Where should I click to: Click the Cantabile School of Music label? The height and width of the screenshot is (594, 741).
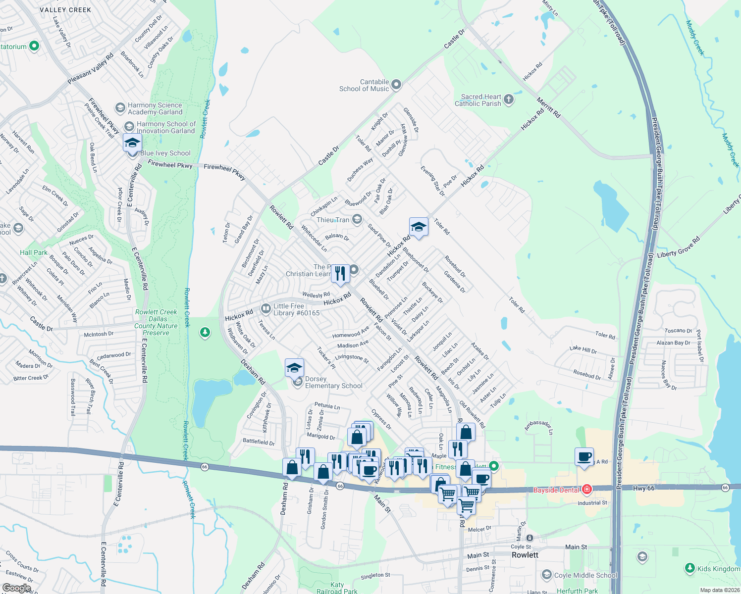tap(364, 86)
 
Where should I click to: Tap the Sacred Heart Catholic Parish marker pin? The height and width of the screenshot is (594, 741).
tap(509, 100)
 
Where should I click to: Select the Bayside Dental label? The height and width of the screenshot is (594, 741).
tap(556, 490)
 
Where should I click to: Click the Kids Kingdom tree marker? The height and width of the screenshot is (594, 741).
tap(689, 568)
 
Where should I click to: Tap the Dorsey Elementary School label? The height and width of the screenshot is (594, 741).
tap(334, 382)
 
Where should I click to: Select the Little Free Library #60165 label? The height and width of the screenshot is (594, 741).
tap(296, 309)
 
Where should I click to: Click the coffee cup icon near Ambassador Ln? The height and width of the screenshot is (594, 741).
tap(584, 456)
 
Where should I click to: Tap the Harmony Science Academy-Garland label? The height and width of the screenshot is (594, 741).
tap(155, 108)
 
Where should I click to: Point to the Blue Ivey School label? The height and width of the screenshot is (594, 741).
tap(165, 153)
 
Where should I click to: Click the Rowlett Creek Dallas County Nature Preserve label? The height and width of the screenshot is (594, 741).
tap(156, 322)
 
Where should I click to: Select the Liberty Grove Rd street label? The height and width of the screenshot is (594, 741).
tap(678, 247)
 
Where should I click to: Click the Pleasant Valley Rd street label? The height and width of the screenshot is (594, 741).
tap(91, 69)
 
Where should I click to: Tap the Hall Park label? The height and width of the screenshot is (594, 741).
tap(34, 252)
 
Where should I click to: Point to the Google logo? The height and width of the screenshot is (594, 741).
tap(17, 588)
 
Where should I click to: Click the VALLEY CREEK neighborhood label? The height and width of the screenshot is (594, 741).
tap(65, 10)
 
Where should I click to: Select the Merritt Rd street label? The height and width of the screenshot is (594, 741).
tap(548, 107)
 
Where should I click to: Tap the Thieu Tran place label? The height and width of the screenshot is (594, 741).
tap(333, 220)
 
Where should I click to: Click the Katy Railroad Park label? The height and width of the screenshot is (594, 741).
tap(337, 588)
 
